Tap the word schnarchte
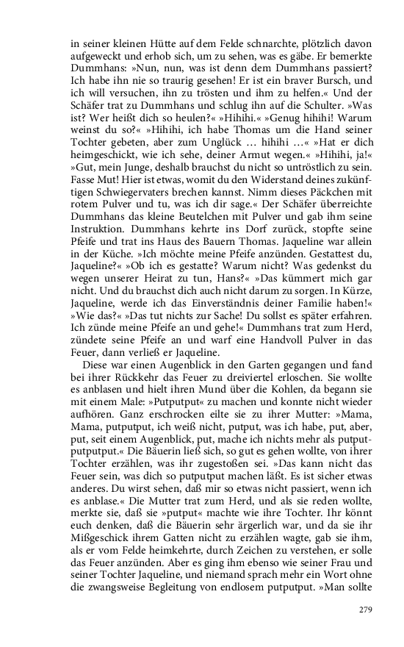point(256,46)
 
